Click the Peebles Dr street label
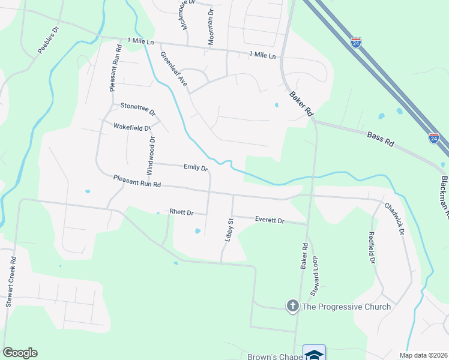pyautogui.click(x=49, y=40)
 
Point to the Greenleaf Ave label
pyautogui.click(x=173, y=71)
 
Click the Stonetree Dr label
pyautogui.click(x=138, y=109)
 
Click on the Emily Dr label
pyautogui.click(x=196, y=168)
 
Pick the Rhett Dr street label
pyautogui.click(x=181, y=212)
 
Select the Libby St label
pyautogui.click(x=229, y=230)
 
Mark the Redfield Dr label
pyautogui.click(x=372, y=248)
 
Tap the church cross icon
pyautogui.click(x=293, y=307)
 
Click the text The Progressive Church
pyautogui.click(x=346, y=307)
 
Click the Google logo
pyautogui.click(x=20, y=353)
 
